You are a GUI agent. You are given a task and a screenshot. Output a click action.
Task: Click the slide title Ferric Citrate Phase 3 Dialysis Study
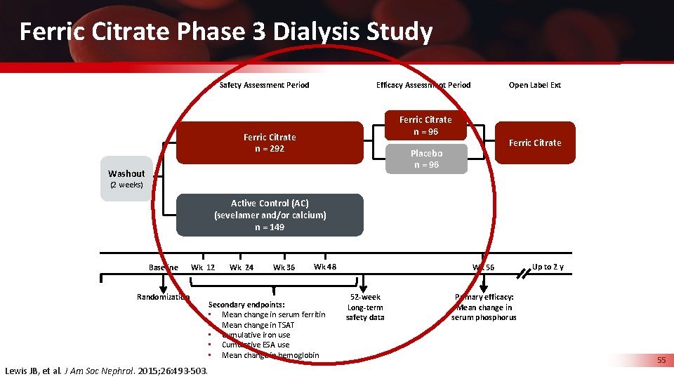(225, 32)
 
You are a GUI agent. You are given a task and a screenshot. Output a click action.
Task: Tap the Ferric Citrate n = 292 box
(270, 143)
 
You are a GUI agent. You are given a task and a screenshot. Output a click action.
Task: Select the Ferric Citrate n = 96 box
(425, 126)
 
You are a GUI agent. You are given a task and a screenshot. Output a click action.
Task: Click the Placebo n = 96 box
(426, 159)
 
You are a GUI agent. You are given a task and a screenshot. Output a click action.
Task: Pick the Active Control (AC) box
(270, 215)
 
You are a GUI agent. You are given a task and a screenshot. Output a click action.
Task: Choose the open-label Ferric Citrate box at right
(535, 143)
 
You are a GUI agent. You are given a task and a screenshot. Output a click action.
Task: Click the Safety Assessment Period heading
(265, 85)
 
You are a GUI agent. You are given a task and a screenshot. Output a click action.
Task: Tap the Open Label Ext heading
(535, 85)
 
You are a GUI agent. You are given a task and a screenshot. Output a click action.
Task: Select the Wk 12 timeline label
(203, 267)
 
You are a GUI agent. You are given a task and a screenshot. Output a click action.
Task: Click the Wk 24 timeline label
(242, 267)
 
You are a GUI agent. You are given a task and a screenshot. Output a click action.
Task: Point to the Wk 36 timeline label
(284, 267)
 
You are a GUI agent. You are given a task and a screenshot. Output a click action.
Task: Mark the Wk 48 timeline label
(324, 267)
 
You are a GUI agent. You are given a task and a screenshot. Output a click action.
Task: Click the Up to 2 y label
(548, 267)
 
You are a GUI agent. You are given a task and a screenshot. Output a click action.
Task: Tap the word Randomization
(163, 297)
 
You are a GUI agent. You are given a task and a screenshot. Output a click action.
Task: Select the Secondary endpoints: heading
(246, 305)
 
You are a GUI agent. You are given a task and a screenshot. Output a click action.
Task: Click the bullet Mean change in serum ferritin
(273, 315)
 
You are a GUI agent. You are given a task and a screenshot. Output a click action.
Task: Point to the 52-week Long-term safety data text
(365, 307)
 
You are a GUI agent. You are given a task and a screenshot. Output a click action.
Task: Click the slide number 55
(661, 360)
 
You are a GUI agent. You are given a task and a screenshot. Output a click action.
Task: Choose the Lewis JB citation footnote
(106, 371)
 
